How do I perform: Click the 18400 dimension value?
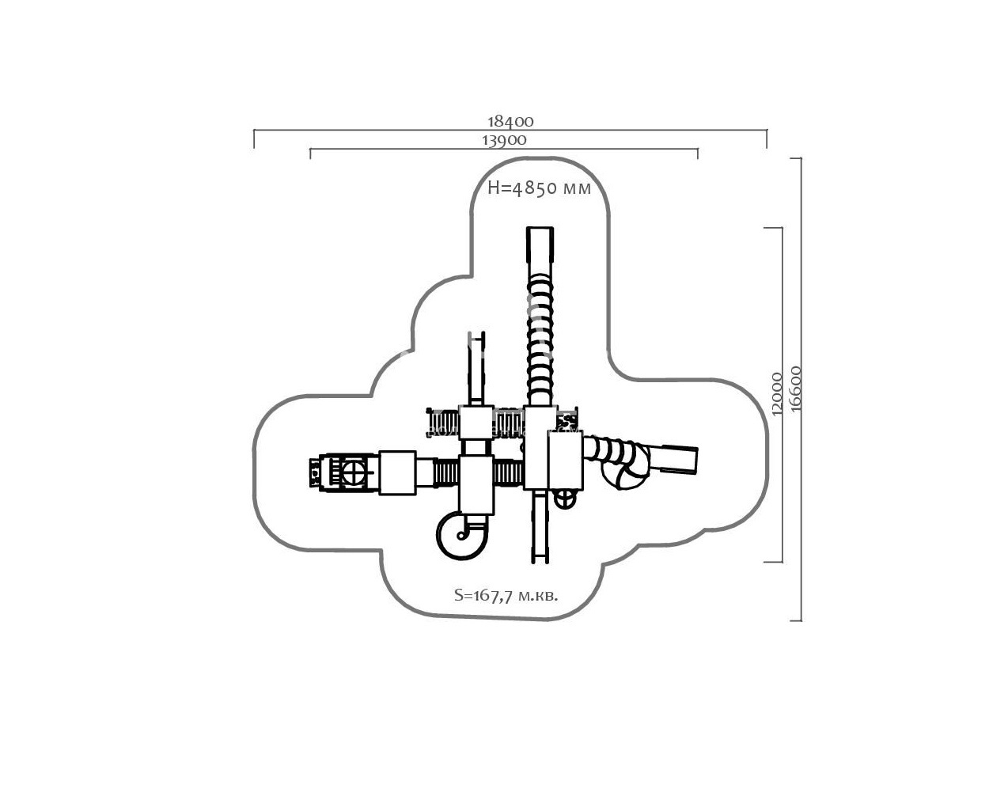[510, 121]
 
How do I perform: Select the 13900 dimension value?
[503, 139]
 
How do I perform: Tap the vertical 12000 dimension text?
[776, 393]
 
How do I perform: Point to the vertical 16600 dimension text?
[795, 388]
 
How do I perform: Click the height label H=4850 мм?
[539, 189]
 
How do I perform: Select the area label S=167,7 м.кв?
[506, 595]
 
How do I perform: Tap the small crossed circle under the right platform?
[564, 498]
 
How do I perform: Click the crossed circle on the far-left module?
[354, 473]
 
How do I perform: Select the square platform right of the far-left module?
[397, 472]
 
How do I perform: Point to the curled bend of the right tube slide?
[625, 471]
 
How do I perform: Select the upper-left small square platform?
[476, 423]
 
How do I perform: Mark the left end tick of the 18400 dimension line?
[254, 138]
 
